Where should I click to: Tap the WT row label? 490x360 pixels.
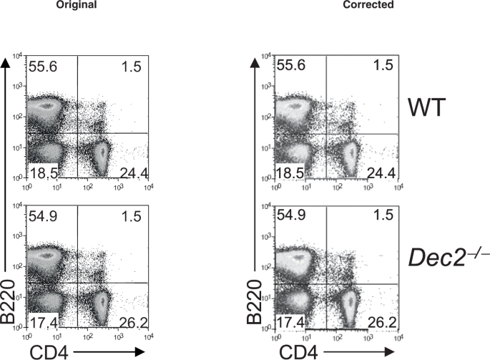click(426, 112)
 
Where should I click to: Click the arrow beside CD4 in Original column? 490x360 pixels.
click(111, 350)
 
